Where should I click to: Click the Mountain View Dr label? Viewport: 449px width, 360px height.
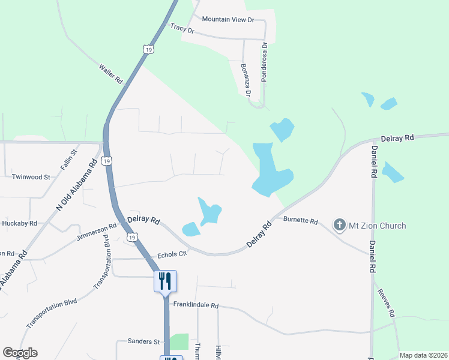click(228, 20)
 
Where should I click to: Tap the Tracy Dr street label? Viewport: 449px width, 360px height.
click(182, 28)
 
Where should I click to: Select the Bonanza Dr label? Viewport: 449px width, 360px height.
click(245, 79)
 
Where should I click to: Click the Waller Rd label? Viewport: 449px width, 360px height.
click(110, 73)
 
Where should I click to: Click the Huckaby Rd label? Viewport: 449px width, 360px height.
click(19, 223)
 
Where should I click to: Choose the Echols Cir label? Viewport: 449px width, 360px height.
click(172, 254)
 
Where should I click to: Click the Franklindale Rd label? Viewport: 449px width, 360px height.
click(196, 305)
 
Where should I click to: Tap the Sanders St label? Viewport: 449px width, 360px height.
click(144, 341)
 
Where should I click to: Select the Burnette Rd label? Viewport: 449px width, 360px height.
click(300, 221)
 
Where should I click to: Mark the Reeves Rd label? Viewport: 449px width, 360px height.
click(386, 303)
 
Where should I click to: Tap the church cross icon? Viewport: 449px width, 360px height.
click(339, 226)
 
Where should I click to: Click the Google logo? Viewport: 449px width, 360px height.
click(20, 353)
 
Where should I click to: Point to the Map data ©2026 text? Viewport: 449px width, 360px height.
click(423, 355)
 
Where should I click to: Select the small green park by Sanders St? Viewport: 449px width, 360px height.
click(179, 341)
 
